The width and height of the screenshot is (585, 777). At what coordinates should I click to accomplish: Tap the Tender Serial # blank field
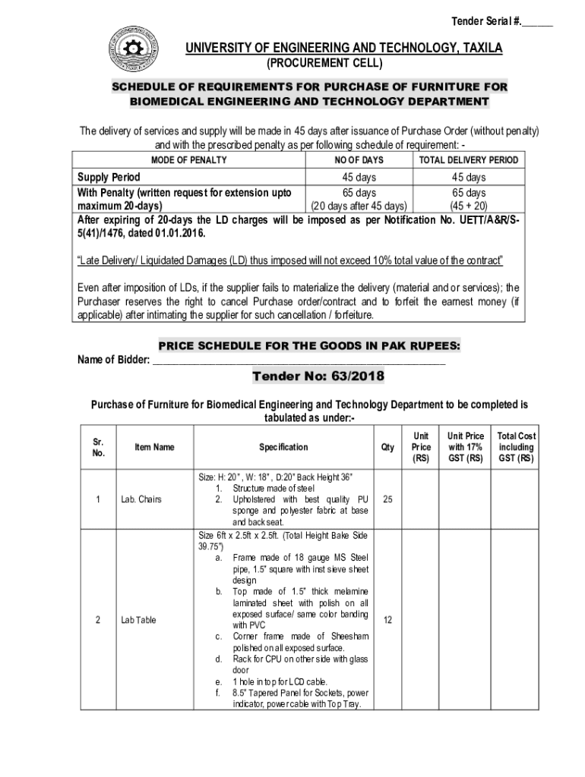tap(536, 20)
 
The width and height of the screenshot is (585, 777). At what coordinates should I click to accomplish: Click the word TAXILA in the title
tap(475, 49)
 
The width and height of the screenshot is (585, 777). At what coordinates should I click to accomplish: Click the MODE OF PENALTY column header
tap(188, 160)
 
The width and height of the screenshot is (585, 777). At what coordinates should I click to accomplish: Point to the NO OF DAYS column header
tap(359, 160)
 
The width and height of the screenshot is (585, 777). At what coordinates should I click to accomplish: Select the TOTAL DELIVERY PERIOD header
tap(468, 160)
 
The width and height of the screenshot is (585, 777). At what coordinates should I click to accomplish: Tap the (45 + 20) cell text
tap(468, 206)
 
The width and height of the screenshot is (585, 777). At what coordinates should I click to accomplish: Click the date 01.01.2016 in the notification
tap(179, 233)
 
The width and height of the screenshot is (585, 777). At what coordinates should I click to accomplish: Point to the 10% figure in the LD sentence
tap(383, 261)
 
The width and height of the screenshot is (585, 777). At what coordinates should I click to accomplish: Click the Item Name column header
tap(154, 447)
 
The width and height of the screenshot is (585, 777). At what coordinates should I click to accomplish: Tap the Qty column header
tap(388, 448)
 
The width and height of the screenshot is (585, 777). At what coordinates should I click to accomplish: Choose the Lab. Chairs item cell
tap(141, 499)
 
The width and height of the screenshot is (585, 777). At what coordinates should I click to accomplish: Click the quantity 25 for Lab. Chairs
tap(388, 499)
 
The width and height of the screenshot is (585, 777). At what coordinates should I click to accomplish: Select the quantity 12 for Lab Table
tap(388, 620)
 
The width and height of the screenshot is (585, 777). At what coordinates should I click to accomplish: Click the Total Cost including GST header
tap(516, 447)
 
